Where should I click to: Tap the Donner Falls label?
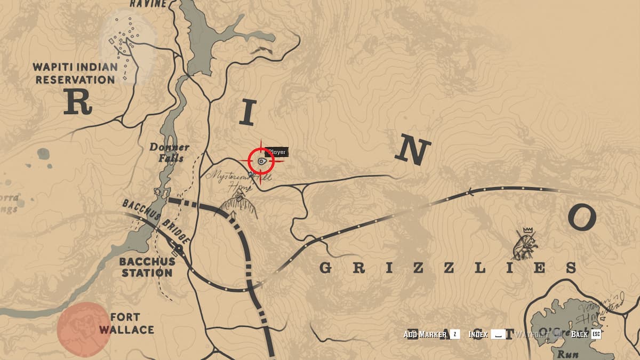click(170, 153)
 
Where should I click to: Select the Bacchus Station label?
click(147, 267)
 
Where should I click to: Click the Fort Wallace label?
click(126, 323)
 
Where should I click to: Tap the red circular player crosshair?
click(261, 161)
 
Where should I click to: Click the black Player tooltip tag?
click(277, 153)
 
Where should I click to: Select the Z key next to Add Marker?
click(454, 334)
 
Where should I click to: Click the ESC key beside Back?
click(596, 334)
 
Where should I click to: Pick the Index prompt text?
click(478, 334)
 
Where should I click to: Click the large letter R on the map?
click(78, 102)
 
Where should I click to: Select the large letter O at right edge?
click(581, 217)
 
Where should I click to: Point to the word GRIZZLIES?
click(448, 268)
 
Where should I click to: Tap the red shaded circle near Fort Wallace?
click(84, 329)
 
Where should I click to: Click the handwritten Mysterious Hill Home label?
click(235, 180)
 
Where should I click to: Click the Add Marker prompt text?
click(425, 334)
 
